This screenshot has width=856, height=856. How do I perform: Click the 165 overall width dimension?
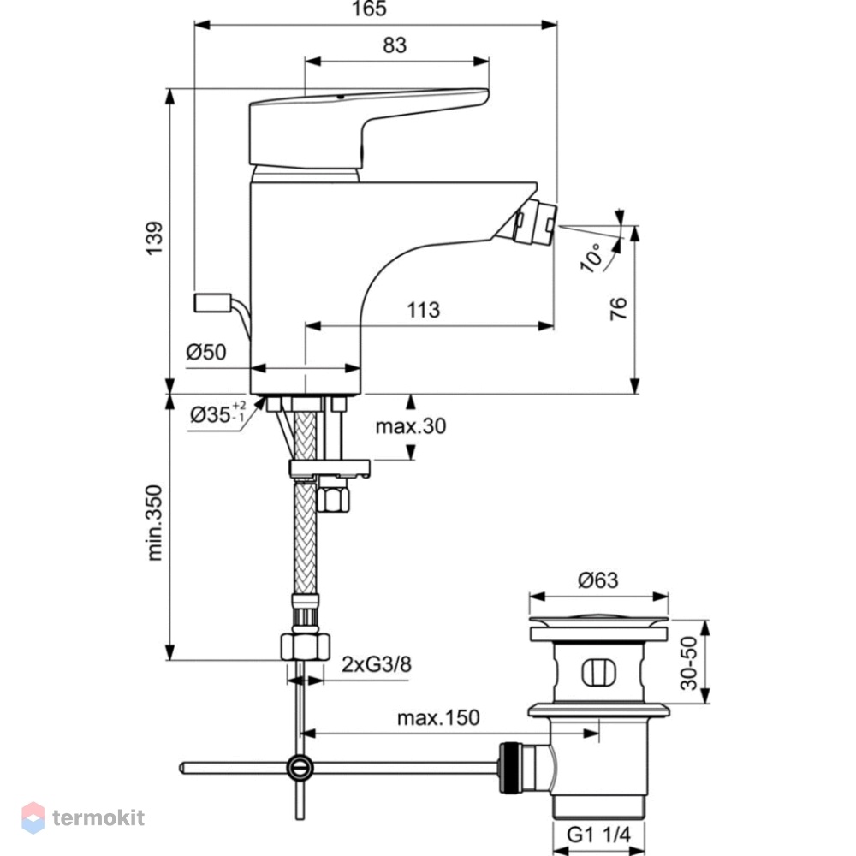click(x=369, y=9)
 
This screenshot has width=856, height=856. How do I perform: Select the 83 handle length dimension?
click(x=395, y=45)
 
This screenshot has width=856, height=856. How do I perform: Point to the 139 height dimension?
click(x=154, y=237)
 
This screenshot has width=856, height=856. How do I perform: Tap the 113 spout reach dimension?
click(x=423, y=310)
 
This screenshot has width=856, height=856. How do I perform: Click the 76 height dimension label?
click(x=618, y=308)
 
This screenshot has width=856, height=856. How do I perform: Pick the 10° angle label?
click(x=591, y=257)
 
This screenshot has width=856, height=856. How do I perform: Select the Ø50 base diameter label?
click(x=205, y=352)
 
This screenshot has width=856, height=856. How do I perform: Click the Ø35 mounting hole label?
click(x=217, y=413)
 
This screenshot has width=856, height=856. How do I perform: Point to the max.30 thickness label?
click(x=411, y=425)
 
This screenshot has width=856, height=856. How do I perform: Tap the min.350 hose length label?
click(x=154, y=522)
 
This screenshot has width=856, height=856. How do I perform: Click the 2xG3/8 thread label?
click(x=377, y=664)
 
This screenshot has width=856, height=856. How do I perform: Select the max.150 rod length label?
click(x=438, y=717)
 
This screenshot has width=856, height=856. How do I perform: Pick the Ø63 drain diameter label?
click(x=597, y=580)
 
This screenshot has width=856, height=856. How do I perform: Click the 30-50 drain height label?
click(x=689, y=663)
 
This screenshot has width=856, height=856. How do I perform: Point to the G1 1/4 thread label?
click(x=598, y=834)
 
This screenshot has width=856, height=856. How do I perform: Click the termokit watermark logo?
click(x=83, y=817)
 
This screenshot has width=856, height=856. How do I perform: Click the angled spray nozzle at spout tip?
click(x=534, y=223)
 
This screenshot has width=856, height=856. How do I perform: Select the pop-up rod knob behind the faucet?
click(x=213, y=303)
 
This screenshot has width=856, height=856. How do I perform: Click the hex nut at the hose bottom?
click(x=306, y=646)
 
